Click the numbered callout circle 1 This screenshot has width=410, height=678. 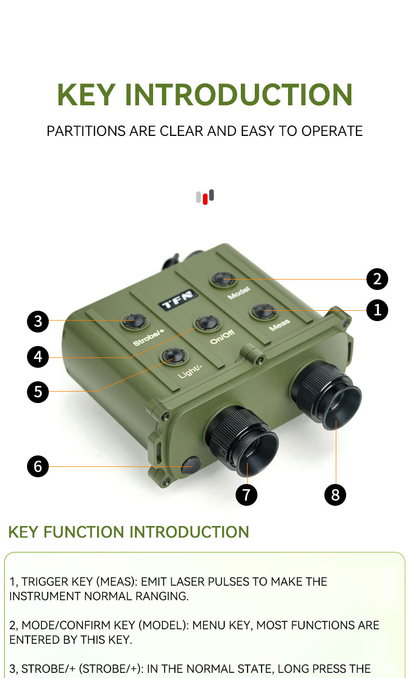(x=377, y=310)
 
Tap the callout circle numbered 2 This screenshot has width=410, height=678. (x=377, y=279)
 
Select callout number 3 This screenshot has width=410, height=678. (x=38, y=321)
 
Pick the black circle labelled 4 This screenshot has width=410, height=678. (x=38, y=356)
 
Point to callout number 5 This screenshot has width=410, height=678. (x=38, y=392)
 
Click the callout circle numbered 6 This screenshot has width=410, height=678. (x=38, y=466)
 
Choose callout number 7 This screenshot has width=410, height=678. (x=247, y=494)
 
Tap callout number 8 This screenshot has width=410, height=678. (x=335, y=494)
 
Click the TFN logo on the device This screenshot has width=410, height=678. (x=179, y=300)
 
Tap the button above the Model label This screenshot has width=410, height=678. (x=224, y=279)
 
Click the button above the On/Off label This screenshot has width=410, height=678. (x=208, y=323)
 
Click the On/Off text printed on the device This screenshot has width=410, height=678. (x=222, y=337)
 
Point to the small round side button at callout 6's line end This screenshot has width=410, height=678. (x=191, y=465)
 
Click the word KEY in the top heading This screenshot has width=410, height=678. (x=86, y=95)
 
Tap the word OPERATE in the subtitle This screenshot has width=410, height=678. (x=332, y=131)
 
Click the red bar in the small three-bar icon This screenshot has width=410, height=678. (x=205, y=199)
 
